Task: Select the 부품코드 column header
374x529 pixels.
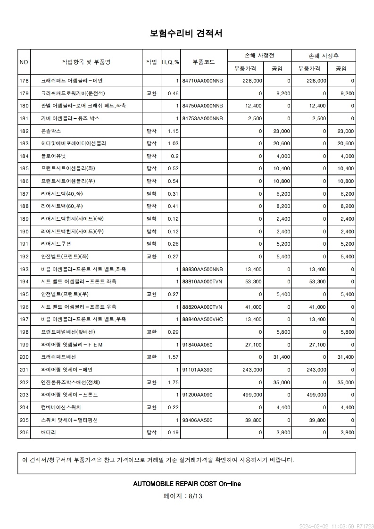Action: pyautogui.click(x=204, y=62)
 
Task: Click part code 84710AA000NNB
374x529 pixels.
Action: pyautogui.click(x=202, y=81)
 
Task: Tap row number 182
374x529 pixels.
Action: pyautogui.click(x=24, y=131)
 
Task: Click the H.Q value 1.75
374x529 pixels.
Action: pyautogui.click(x=173, y=382)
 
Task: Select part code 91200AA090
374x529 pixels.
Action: pyautogui.click(x=197, y=395)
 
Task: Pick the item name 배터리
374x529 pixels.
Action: pyautogui.click(x=49, y=432)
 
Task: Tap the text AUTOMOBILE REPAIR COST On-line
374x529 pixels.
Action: pyautogui.click(x=187, y=484)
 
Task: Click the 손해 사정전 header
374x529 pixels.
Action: pyautogui.click(x=259, y=55)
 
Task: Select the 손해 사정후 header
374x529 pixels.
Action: pyautogui.click(x=324, y=55)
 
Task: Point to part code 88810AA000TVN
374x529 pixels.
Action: pyautogui.click(x=202, y=281)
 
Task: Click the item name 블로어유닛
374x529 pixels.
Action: pyautogui.click(x=53, y=156)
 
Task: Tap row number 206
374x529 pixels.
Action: pyautogui.click(x=24, y=432)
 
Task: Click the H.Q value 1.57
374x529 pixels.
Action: pyautogui.click(x=173, y=357)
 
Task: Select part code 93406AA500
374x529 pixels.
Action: pyautogui.click(x=197, y=420)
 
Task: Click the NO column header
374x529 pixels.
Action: pyautogui.click(x=24, y=62)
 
